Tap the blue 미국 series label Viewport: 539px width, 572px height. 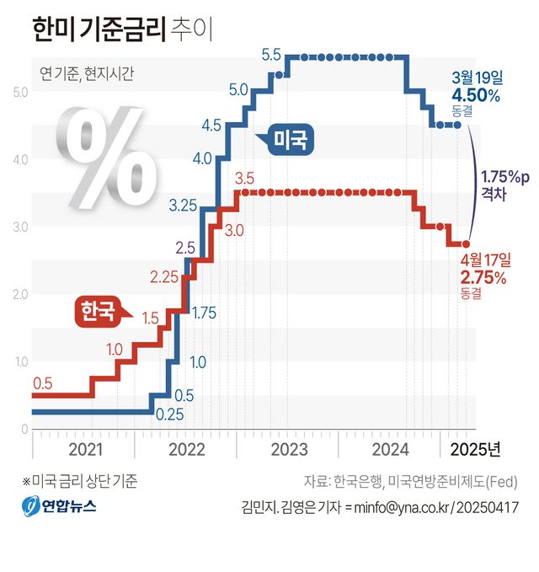click(291, 138)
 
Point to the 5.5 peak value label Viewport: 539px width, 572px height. click(271, 56)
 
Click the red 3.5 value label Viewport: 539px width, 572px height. click(244, 179)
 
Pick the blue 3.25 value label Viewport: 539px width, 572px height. click(183, 205)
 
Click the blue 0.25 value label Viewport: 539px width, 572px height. click(169, 414)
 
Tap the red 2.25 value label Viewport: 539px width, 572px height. click(165, 276)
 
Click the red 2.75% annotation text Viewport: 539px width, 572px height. click(483, 277)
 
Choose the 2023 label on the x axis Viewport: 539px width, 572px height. click(289, 447)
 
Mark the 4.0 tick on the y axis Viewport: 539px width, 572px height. click(19, 159)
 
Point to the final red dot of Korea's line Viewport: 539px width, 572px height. click(466, 243)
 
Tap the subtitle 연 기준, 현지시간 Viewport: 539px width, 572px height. click(87, 72)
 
